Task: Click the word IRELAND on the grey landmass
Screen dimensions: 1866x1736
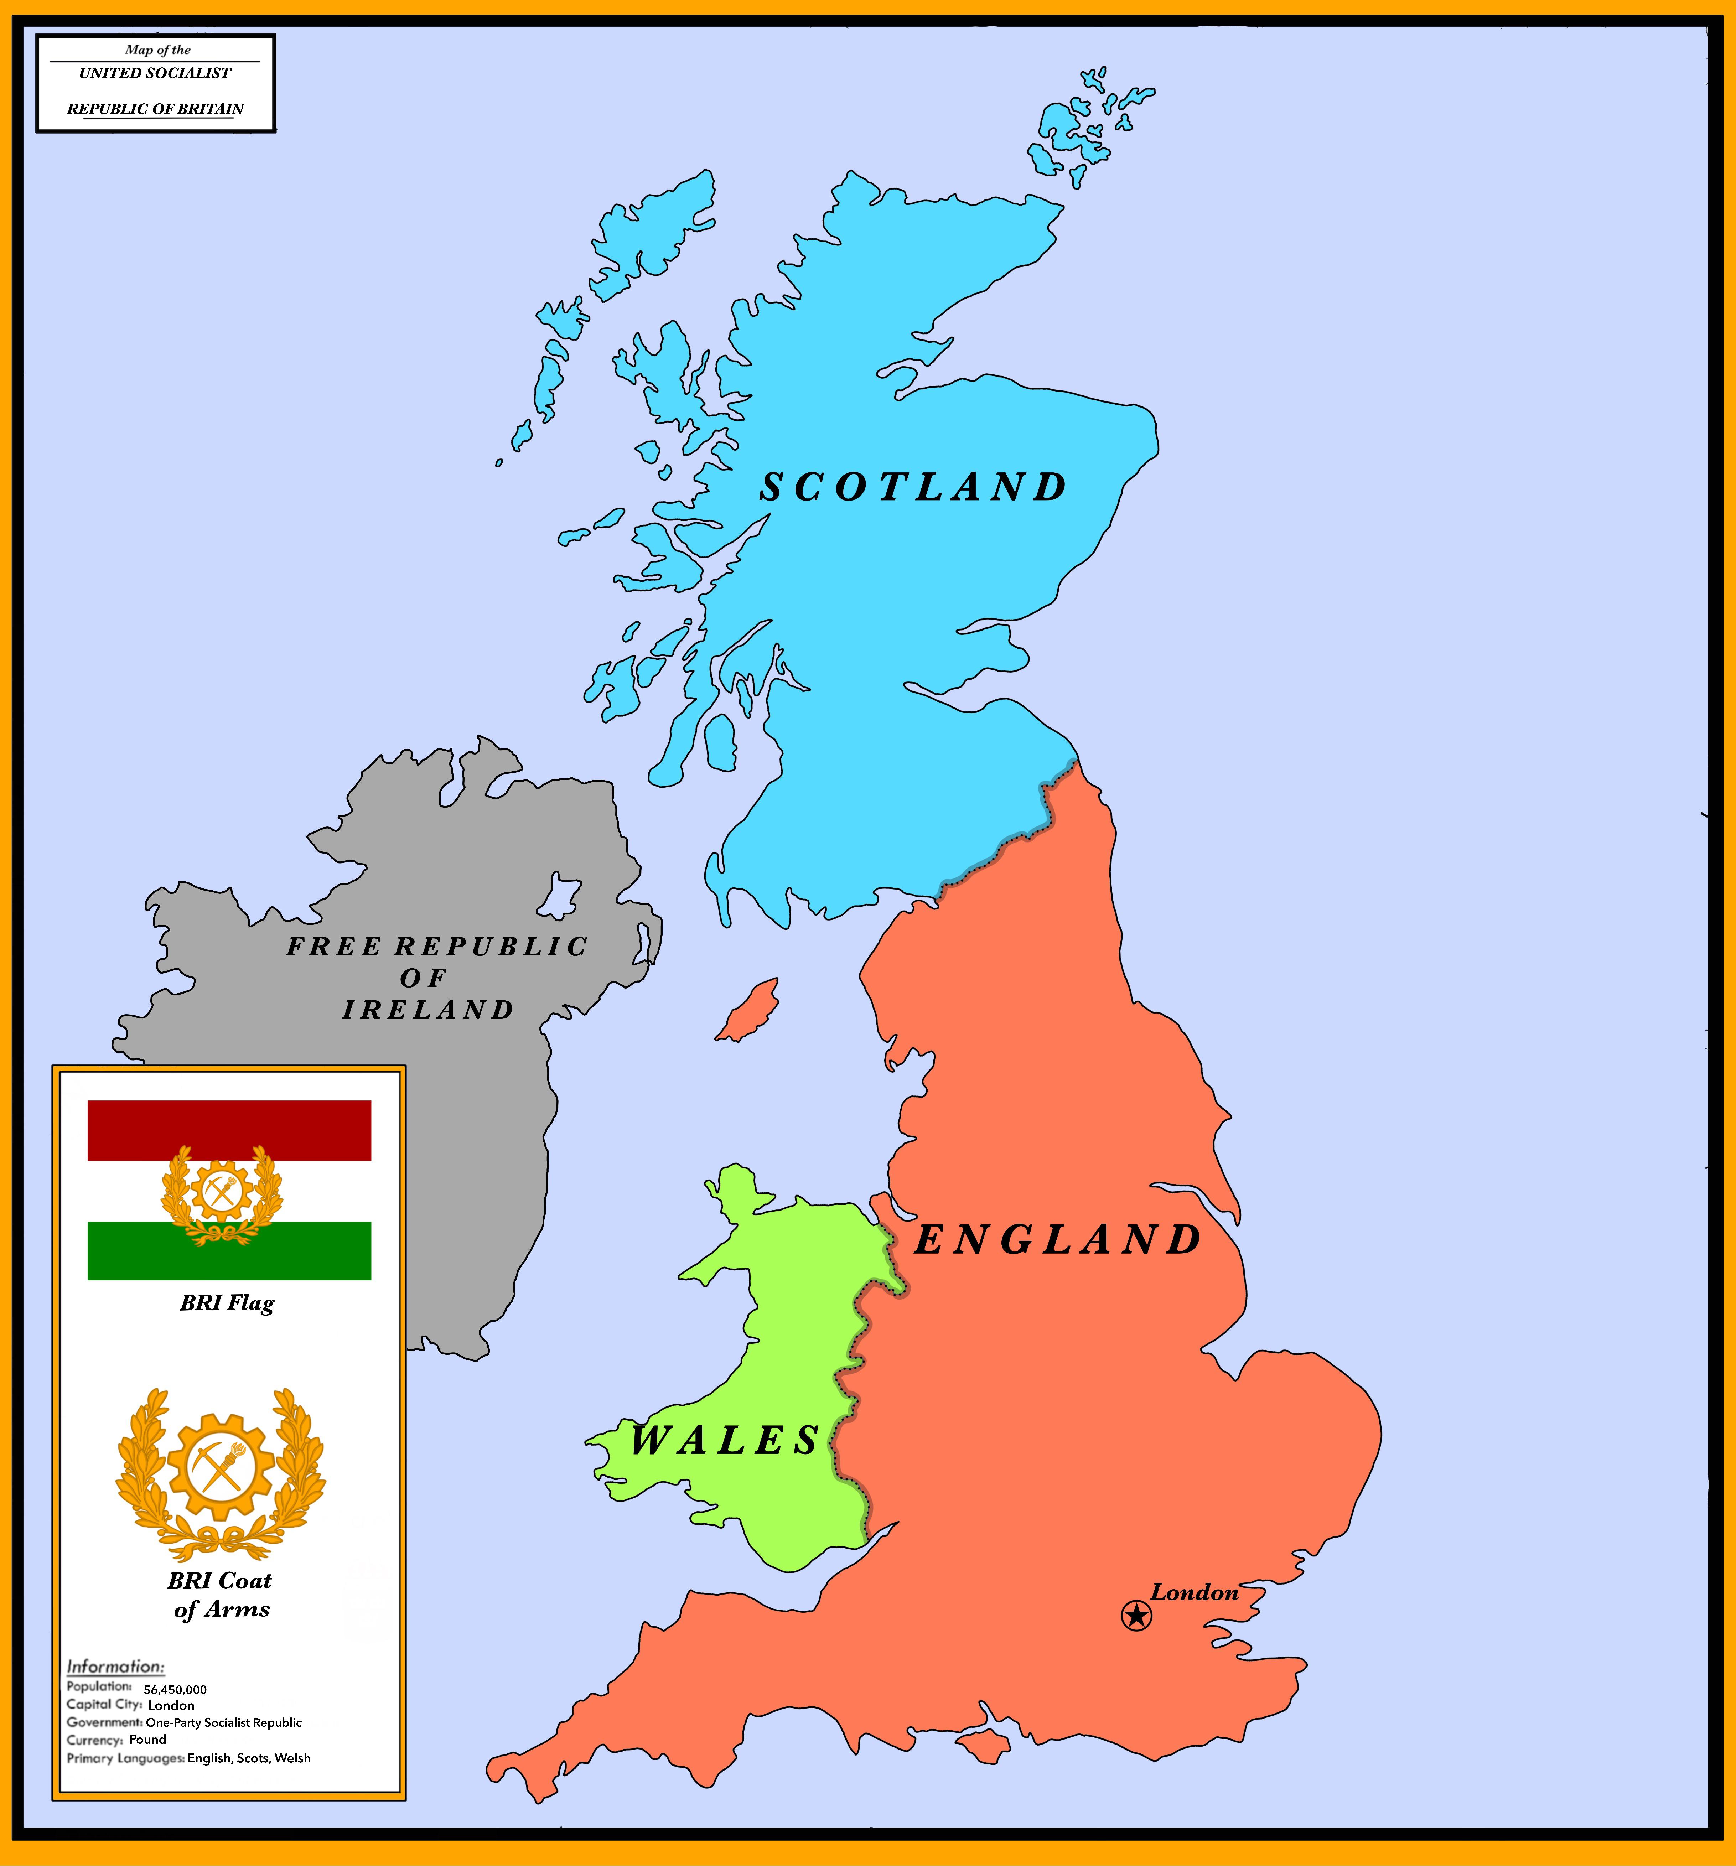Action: [428, 1010]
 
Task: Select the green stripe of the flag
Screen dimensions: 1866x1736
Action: [229, 1251]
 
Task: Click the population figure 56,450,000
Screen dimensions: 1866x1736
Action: [176, 1690]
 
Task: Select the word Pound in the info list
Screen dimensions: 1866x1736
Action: [147, 1739]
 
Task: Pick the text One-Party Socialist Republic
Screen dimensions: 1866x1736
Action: [223, 1722]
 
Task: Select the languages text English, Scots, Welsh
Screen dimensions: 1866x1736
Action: [249, 1758]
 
